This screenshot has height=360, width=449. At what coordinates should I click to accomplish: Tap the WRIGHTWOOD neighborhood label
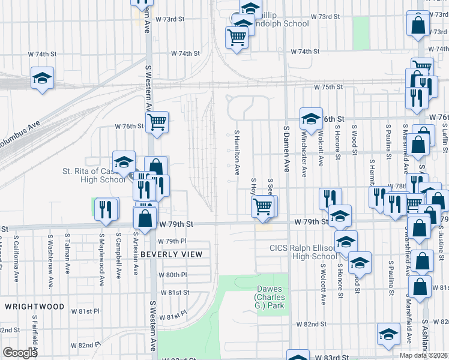click(34, 307)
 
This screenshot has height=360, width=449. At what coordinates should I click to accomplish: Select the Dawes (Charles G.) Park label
click(268, 298)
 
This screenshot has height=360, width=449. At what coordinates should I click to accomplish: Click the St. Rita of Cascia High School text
click(94, 175)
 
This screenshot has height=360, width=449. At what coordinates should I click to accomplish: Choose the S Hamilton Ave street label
click(238, 154)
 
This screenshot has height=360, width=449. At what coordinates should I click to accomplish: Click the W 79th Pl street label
click(173, 241)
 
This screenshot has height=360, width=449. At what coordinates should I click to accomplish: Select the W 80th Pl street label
click(173, 275)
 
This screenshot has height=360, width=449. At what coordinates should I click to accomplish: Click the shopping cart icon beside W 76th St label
click(157, 122)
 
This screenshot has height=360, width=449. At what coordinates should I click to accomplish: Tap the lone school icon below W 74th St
click(42, 79)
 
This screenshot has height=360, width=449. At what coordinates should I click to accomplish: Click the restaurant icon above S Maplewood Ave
click(106, 209)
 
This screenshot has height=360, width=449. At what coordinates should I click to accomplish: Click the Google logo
click(20, 353)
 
